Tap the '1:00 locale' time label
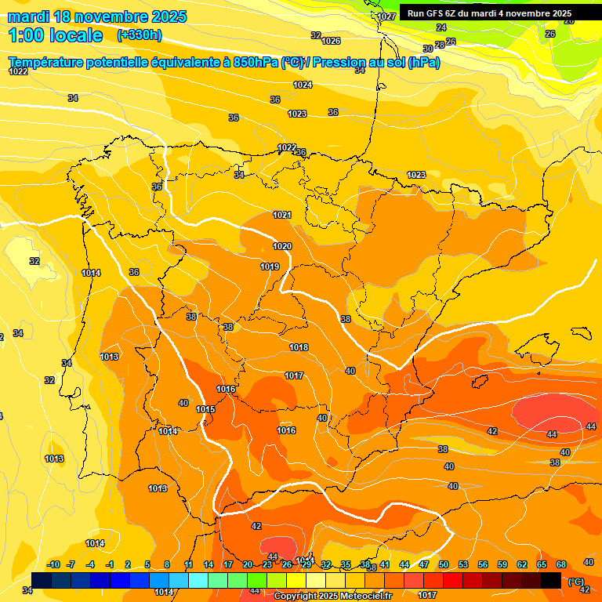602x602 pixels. click(x=56, y=35)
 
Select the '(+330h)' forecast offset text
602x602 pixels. click(x=140, y=35)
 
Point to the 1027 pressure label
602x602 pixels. click(x=386, y=16)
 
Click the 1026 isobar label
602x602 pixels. click(x=332, y=41)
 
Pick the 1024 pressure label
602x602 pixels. click(x=303, y=85)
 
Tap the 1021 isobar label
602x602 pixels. click(x=282, y=215)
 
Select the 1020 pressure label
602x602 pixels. click(x=282, y=246)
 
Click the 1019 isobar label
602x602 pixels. click(x=270, y=267)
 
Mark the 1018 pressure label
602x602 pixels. click(x=299, y=347)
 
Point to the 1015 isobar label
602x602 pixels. click(x=205, y=409)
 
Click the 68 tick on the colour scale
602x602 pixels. click(x=561, y=564)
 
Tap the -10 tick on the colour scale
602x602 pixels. click(x=53, y=564)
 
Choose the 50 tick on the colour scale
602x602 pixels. click(x=444, y=564)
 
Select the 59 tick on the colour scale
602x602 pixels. click(x=502, y=564)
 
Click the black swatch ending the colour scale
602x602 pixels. click(x=551, y=580)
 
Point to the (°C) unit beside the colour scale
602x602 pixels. click(x=575, y=582)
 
